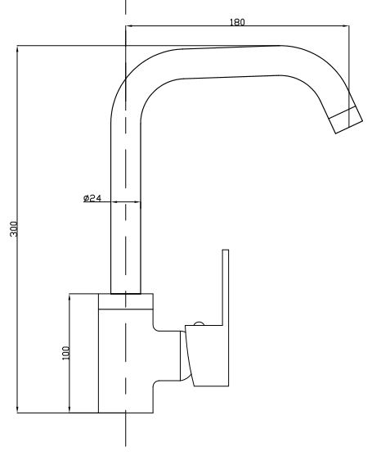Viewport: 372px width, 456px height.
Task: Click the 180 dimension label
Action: point(237,22)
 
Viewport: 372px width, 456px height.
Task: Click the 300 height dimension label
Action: point(14,228)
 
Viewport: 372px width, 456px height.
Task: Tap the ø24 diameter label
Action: point(92,198)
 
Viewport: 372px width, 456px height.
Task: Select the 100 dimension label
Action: point(66,353)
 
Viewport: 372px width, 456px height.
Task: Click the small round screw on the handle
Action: point(199,323)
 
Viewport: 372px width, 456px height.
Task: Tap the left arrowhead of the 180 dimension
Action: point(130,26)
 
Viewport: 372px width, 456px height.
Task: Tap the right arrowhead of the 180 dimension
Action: point(345,26)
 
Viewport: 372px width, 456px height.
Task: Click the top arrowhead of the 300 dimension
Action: point(17,50)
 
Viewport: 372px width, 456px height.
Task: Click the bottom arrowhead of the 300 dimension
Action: point(17,409)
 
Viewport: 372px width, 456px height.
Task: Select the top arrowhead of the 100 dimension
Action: point(69,298)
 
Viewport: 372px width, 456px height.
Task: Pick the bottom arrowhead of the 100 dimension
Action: point(69,409)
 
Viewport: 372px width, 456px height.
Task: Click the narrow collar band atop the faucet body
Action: point(126,301)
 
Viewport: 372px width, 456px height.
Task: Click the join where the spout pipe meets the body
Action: point(126,294)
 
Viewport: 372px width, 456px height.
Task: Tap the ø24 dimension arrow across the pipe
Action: point(126,201)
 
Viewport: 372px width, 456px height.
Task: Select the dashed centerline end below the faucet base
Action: point(126,445)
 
